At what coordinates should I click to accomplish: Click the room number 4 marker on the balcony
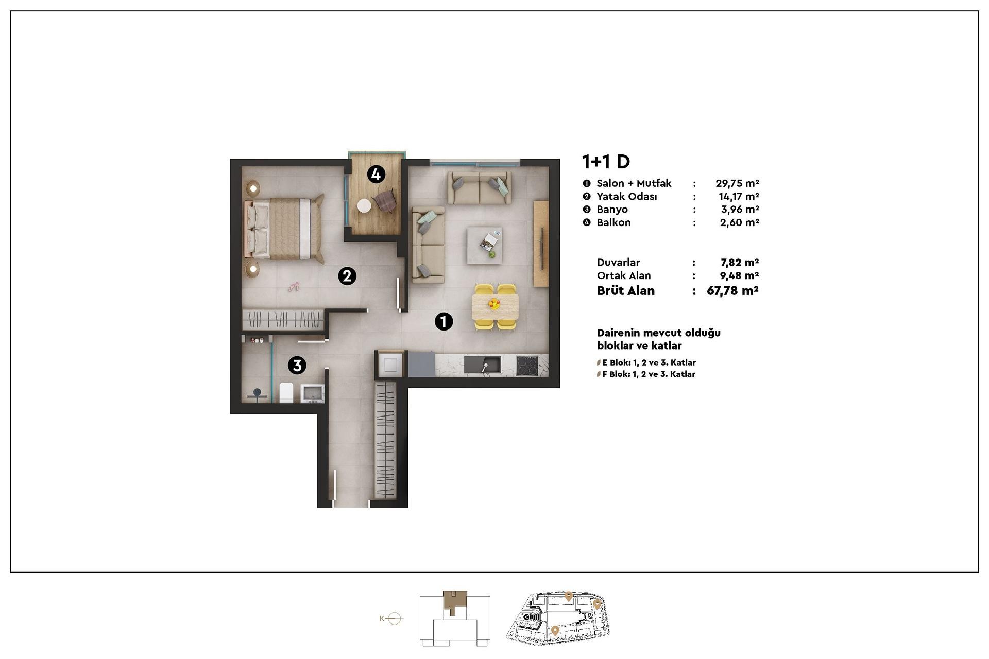pyautogui.click(x=376, y=175)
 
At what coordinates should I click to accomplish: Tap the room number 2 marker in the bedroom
pyautogui.click(x=347, y=276)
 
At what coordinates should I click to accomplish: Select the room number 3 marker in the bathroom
pyautogui.click(x=297, y=365)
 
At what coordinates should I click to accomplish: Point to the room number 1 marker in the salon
pyautogui.click(x=444, y=321)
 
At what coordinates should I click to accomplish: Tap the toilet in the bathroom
pyautogui.click(x=286, y=392)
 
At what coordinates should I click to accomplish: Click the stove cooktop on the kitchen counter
pyautogui.click(x=527, y=366)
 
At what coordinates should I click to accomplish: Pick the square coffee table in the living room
pyautogui.click(x=484, y=245)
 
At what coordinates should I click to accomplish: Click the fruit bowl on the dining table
pyautogui.click(x=494, y=303)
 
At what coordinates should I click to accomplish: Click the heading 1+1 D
pyautogui.click(x=606, y=162)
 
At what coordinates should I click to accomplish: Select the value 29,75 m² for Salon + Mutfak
pyautogui.click(x=737, y=183)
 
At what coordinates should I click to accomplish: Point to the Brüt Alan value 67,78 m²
pyautogui.click(x=732, y=291)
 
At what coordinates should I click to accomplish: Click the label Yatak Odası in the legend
pyautogui.click(x=627, y=197)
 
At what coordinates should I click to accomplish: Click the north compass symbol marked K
pyautogui.click(x=391, y=618)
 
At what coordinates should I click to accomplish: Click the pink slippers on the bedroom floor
pyautogui.click(x=294, y=287)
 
